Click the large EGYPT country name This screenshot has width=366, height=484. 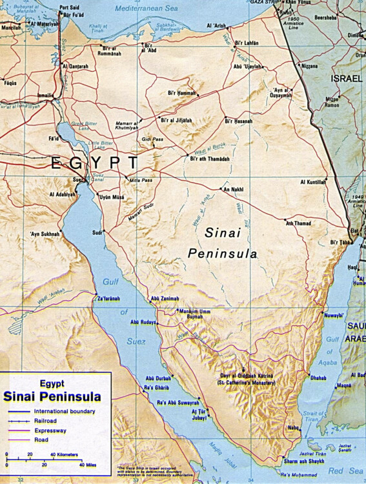94,162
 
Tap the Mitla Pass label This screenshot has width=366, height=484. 141,180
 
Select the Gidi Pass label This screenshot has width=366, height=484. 153,139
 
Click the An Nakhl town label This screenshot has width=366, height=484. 233,190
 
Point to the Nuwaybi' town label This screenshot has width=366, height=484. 315,316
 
